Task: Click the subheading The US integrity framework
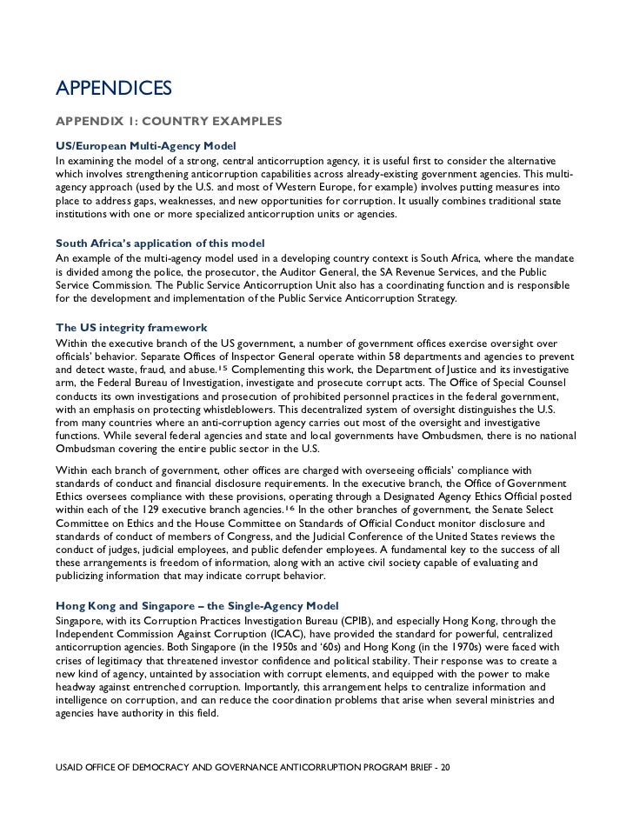click(x=131, y=327)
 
